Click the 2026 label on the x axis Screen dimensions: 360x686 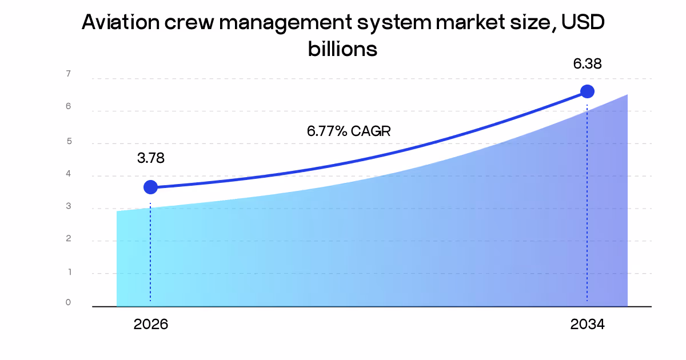(x=151, y=325)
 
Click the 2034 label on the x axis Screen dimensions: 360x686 (x=587, y=325)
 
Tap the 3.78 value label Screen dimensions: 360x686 (x=151, y=158)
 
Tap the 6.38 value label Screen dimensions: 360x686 (x=587, y=64)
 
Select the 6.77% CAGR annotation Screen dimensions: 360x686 (x=349, y=131)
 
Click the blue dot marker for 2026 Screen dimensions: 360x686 (x=150, y=187)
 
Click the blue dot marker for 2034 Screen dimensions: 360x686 (x=587, y=91)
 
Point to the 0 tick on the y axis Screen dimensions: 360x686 (x=68, y=302)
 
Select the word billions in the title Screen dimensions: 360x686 (x=342, y=49)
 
